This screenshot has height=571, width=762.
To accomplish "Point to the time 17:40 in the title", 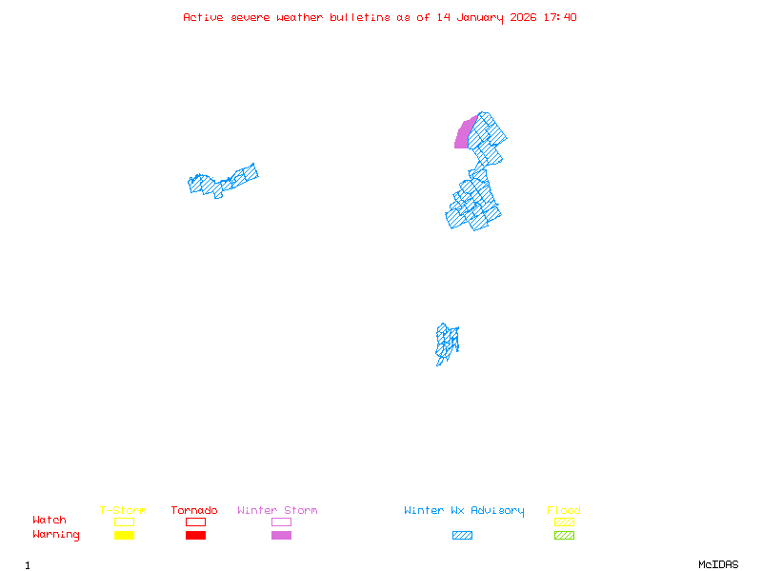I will click(x=559, y=17).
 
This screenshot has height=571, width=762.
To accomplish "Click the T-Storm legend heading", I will click(x=123, y=511).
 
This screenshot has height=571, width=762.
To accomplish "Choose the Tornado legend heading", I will click(x=194, y=511).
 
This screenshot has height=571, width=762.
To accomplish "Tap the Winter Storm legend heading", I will click(x=277, y=511).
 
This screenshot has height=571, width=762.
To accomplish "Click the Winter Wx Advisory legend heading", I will click(x=464, y=511).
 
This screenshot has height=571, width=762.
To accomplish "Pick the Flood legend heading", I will click(x=564, y=511).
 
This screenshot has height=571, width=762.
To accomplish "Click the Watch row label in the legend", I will click(x=50, y=521).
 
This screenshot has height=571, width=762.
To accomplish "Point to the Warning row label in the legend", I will click(x=56, y=535).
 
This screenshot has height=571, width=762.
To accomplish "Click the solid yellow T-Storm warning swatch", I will click(x=124, y=536).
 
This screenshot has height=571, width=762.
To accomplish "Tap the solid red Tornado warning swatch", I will click(x=195, y=536).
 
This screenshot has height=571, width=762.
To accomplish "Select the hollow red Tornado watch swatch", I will click(x=195, y=522).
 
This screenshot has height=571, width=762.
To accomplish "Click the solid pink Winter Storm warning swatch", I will click(x=281, y=536).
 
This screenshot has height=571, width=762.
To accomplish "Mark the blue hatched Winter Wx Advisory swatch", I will click(x=462, y=536).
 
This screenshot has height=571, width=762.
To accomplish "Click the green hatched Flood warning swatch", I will click(x=564, y=536).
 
